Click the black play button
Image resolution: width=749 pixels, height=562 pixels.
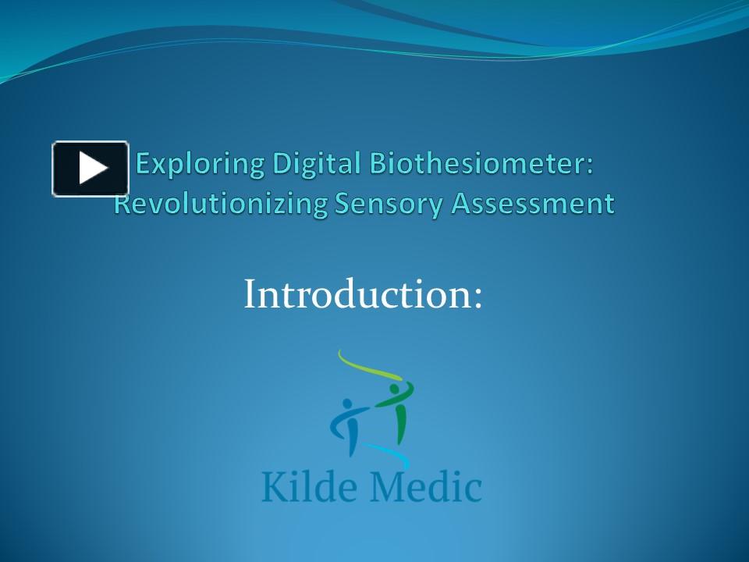click(90, 169)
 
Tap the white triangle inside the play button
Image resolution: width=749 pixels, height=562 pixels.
click(93, 169)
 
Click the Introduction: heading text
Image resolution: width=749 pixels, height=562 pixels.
click(363, 294)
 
